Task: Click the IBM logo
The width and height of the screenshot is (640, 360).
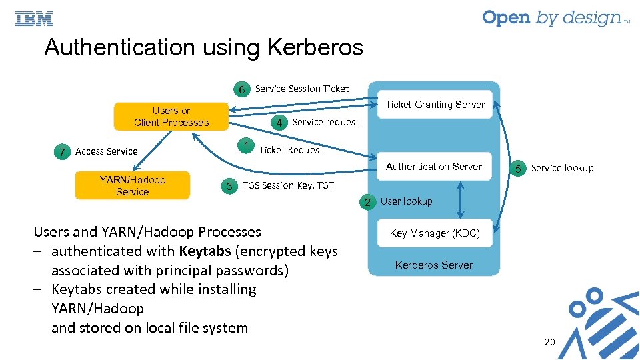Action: tap(34, 19)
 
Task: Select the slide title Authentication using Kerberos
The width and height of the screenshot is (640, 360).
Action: tap(203, 48)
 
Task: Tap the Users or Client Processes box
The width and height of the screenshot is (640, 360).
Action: tap(171, 117)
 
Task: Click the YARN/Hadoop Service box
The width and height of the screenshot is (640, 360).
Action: tap(132, 186)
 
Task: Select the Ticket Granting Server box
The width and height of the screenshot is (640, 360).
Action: tap(435, 105)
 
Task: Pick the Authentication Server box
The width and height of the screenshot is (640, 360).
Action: tap(434, 167)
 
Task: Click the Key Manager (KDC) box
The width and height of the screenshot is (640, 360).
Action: tap(435, 233)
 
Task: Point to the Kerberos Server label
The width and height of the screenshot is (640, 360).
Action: tap(434, 265)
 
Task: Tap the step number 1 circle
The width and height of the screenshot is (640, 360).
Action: tap(247, 146)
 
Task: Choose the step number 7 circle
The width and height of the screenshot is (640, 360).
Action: tap(62, 152)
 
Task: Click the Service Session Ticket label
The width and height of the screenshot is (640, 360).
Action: tap(302, 89)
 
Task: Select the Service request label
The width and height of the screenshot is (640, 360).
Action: tap(325, 122)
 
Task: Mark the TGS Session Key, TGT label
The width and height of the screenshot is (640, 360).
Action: tap(288, 185)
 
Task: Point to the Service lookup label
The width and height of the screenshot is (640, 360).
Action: tap(562, 168)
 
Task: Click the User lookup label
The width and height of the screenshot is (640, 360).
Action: tap(406, 201)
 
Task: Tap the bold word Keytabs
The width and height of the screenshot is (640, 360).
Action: tap(204, 251)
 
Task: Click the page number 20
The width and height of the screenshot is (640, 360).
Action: tap(549, 342)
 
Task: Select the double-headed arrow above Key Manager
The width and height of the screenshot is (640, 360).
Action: tap(459, 200)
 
